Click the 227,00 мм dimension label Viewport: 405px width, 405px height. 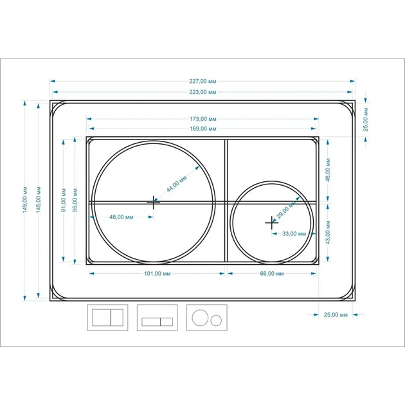tap(203, 81)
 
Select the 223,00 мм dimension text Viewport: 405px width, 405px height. tap(203, 92)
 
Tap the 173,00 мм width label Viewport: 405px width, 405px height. tap(203, 119)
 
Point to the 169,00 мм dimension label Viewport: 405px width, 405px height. tap(203, 129)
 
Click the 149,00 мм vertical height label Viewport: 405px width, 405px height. tap(25, 200)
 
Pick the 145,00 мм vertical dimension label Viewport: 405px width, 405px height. tap(39, 200)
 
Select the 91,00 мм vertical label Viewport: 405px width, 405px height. tap(64, 200)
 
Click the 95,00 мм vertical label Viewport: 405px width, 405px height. tap(75, 200)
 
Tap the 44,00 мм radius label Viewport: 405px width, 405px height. tap(176, 184)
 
